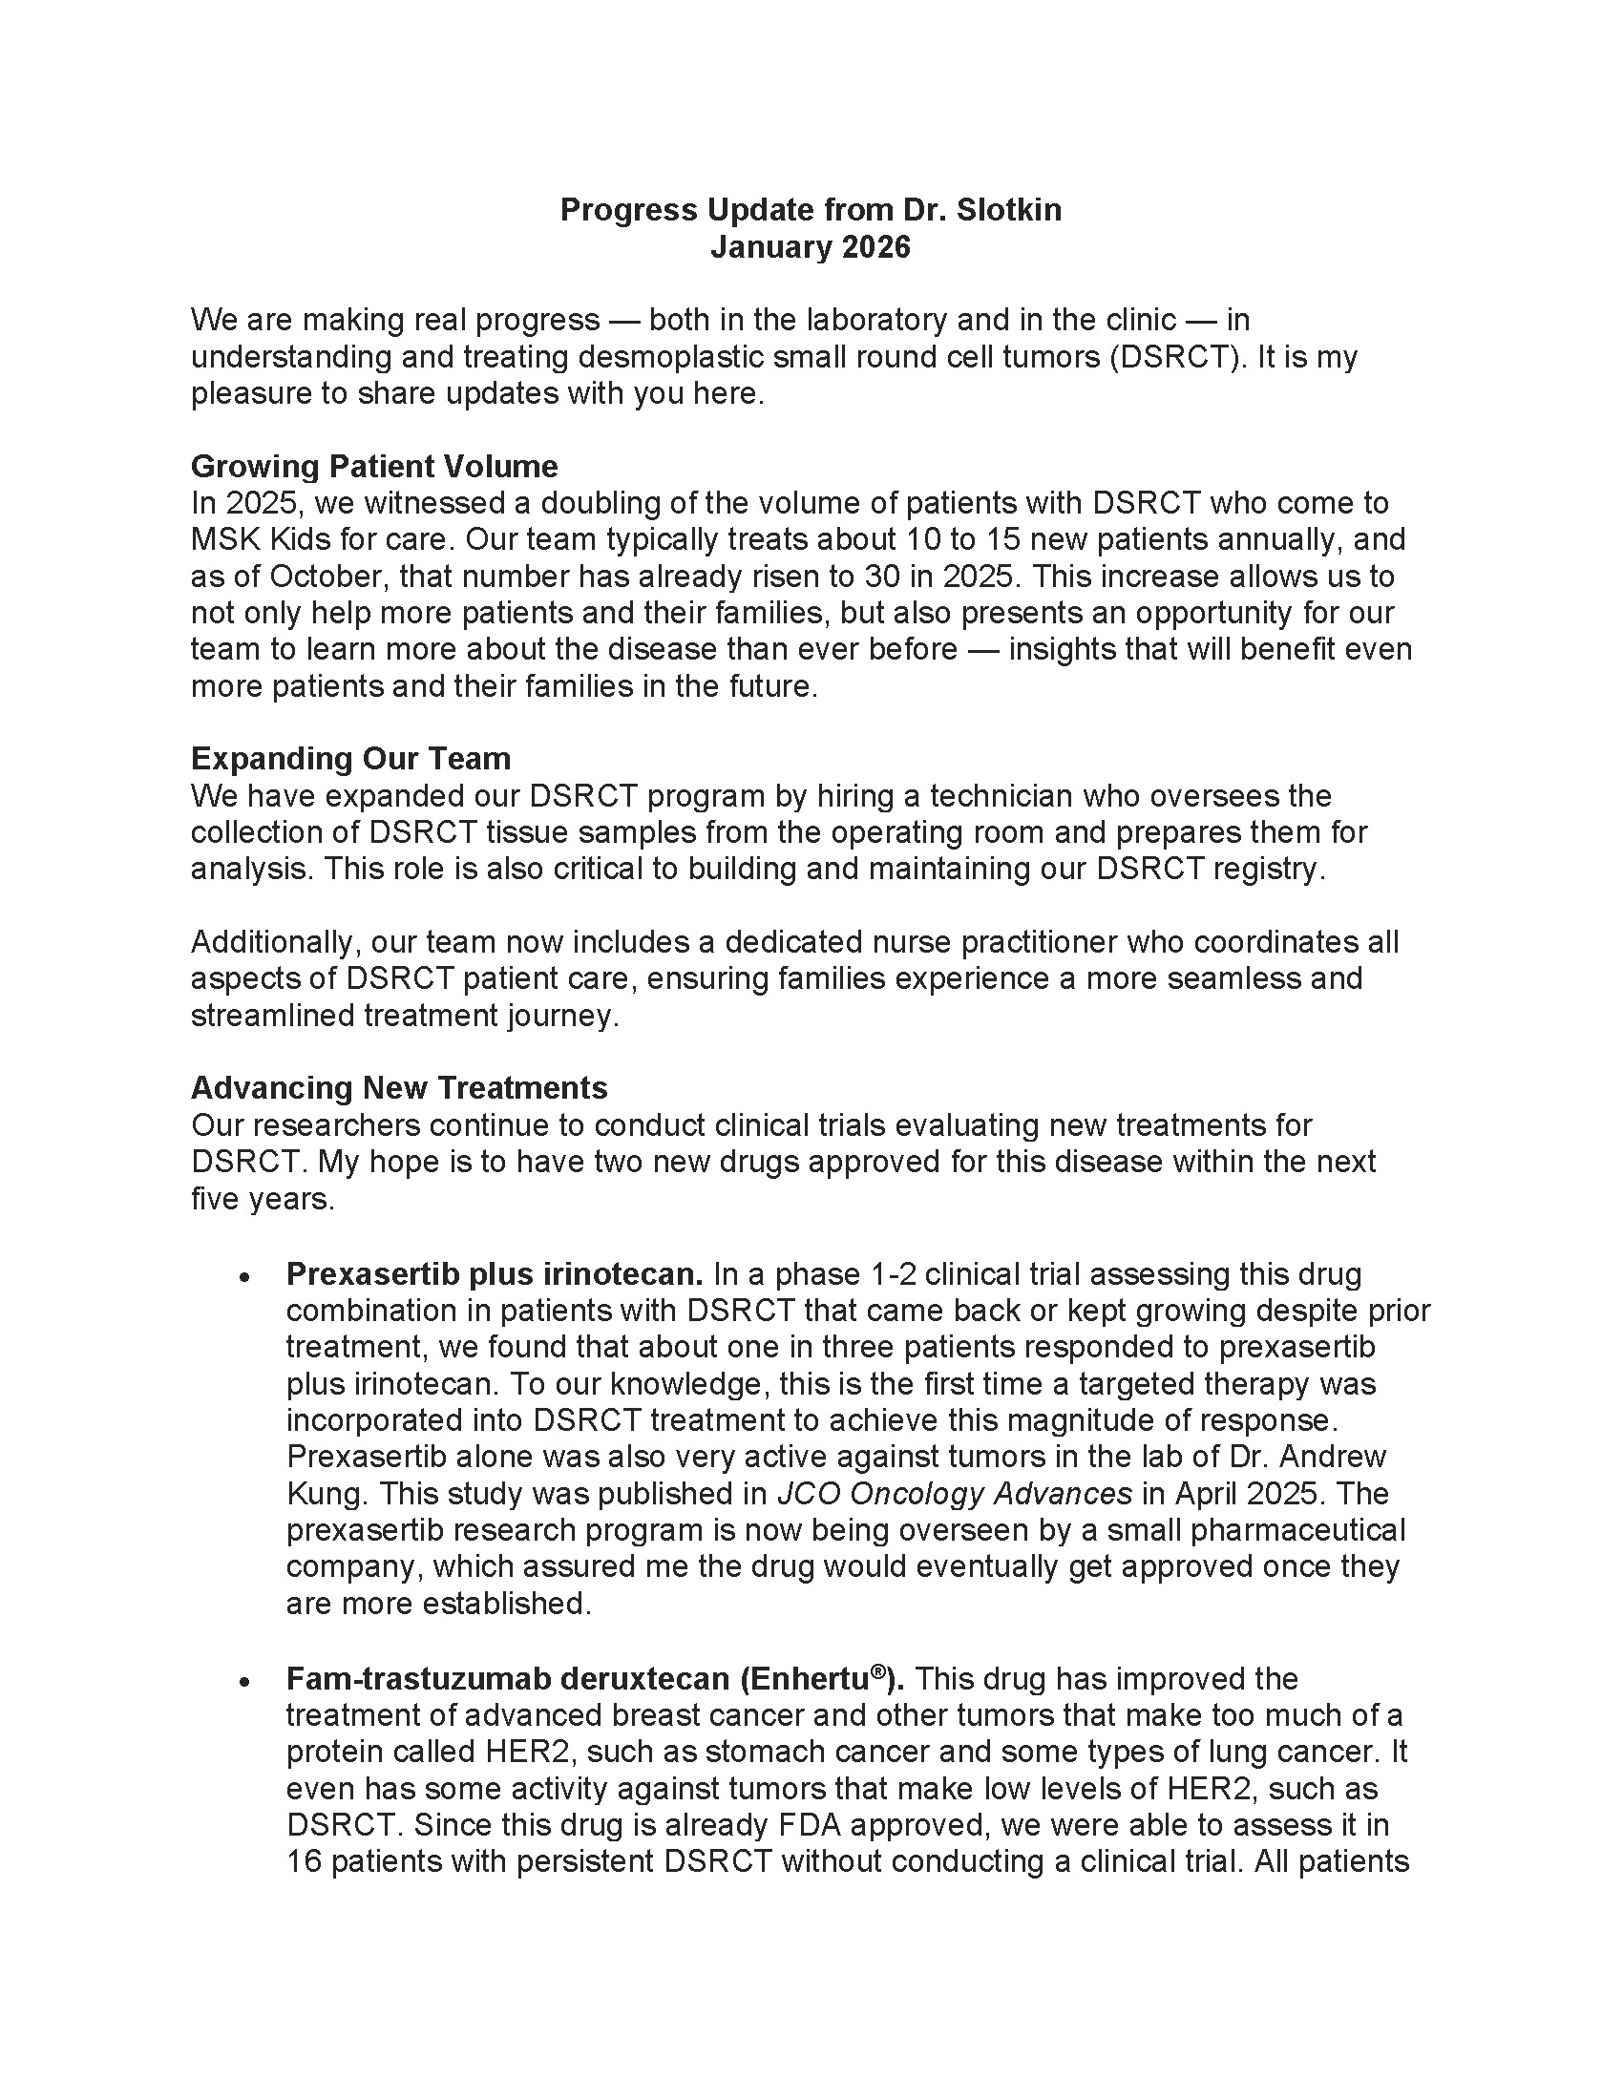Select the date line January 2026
coord(810,247)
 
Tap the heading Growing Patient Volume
coord(374,467)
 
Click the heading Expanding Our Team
coord(350,759)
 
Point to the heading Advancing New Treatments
coord(399,1087)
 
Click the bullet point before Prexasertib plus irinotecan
coord(245,1277)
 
